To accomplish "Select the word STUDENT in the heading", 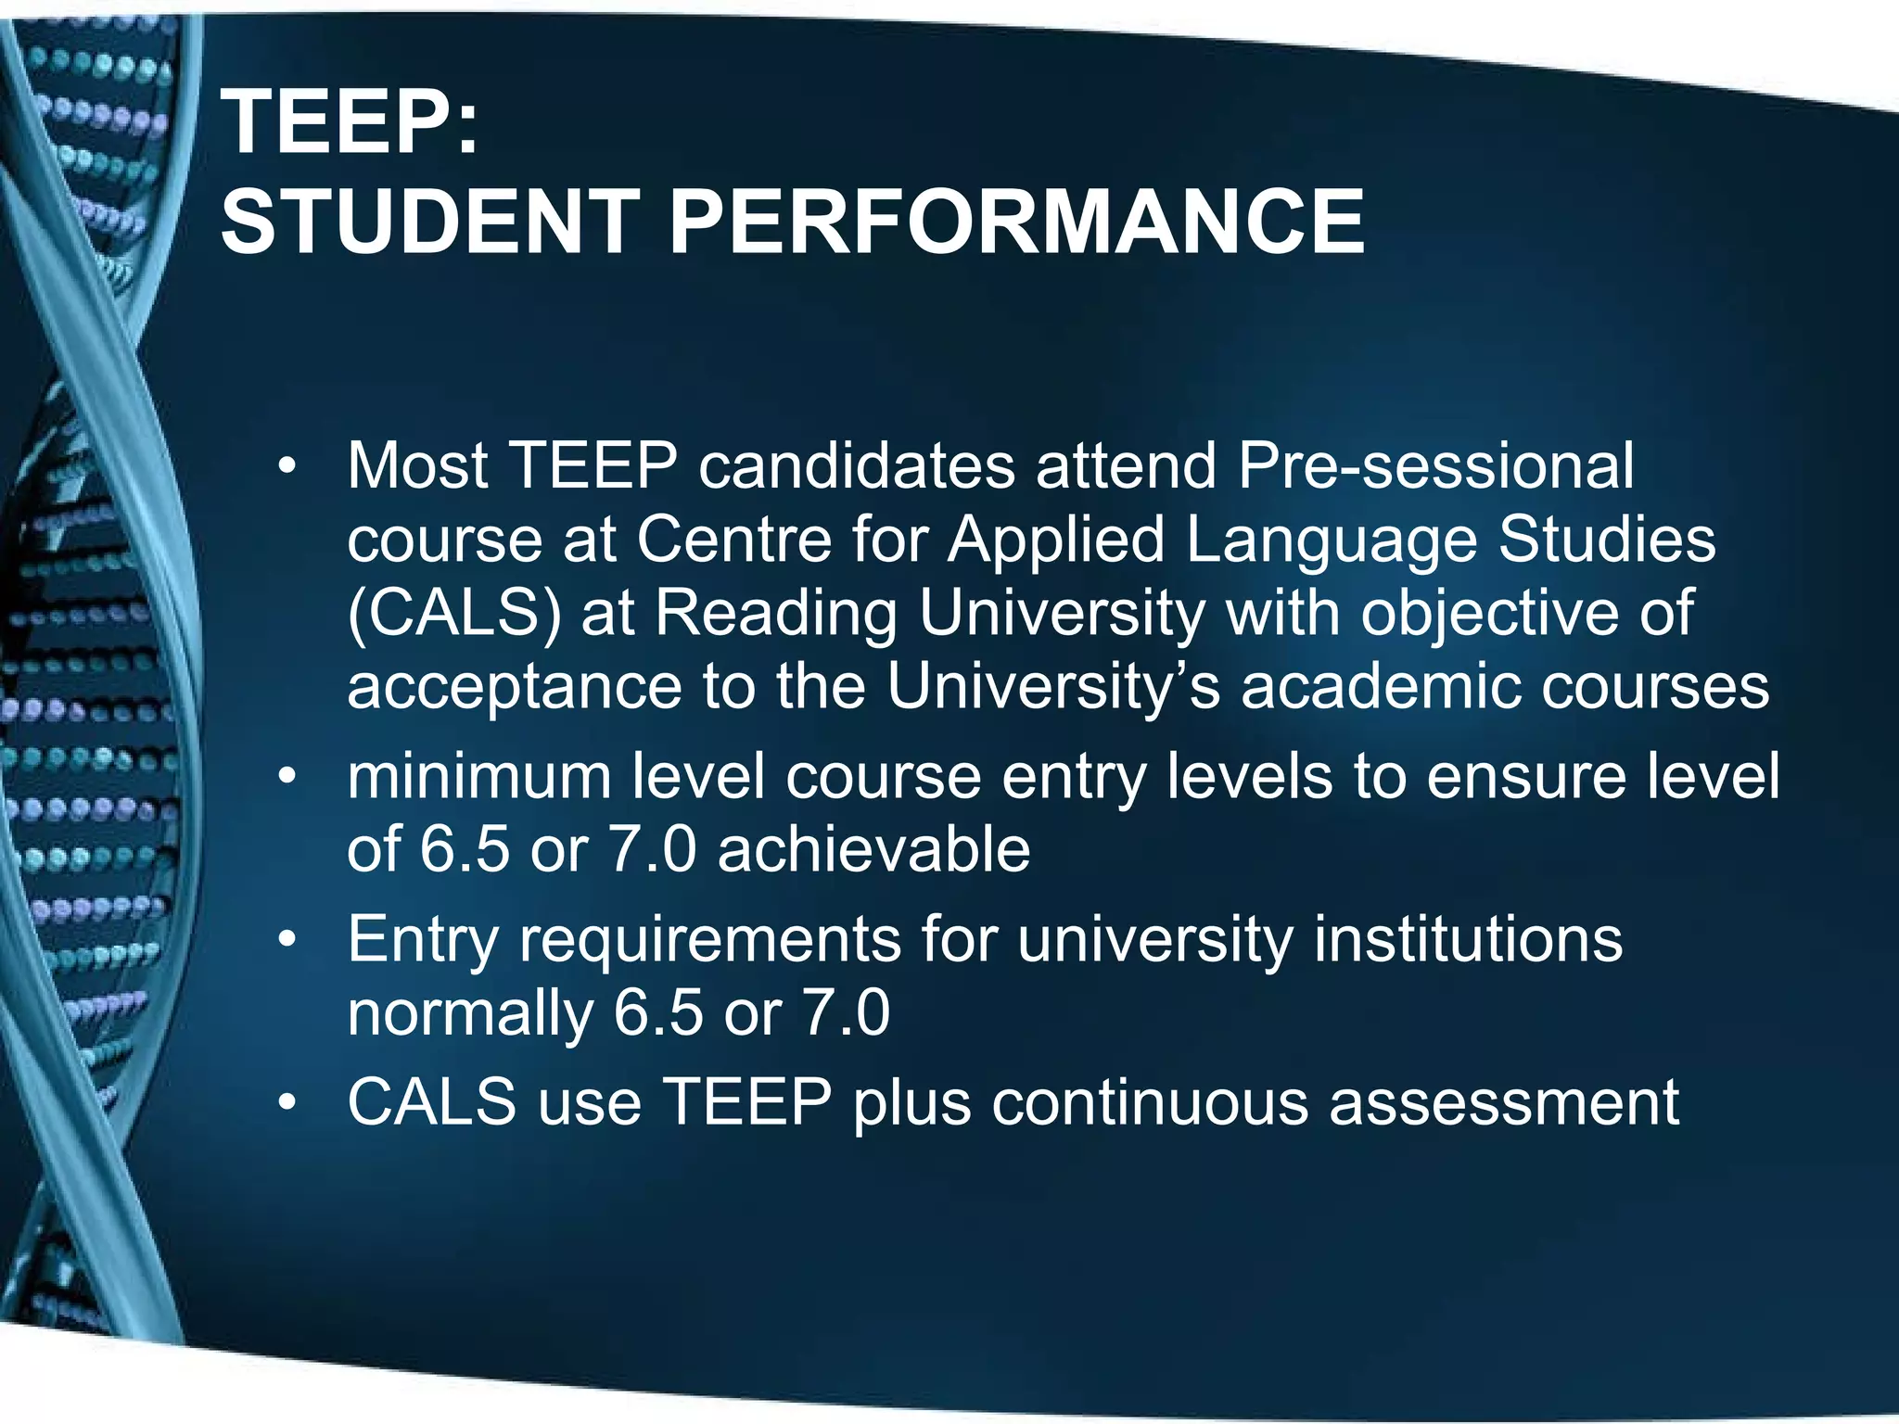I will [x=429, y=222].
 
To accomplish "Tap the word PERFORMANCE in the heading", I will [x=1016, y=222].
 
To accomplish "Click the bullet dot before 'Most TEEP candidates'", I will [x=288, y=465].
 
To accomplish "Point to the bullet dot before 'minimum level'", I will [x=288, y=777].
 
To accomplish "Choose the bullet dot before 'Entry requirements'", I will [x=288, y=940].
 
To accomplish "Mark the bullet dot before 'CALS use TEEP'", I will [x=288, y=1103].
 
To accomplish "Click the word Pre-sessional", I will [x=1435, y=465].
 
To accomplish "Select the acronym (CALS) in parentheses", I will [x=454, y=614].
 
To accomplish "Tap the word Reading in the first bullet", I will [x=776, y=614].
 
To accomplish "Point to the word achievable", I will [x=873, y=849].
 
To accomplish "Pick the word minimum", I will [x=478, y=777].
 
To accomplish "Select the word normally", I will [x=470, y=1012].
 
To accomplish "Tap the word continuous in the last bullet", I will [x=1149, y=1103].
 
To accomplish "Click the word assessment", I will [x=1503, y=1103].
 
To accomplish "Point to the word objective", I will [x=1488, y=614].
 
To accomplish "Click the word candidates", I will [x=857, y=465].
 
